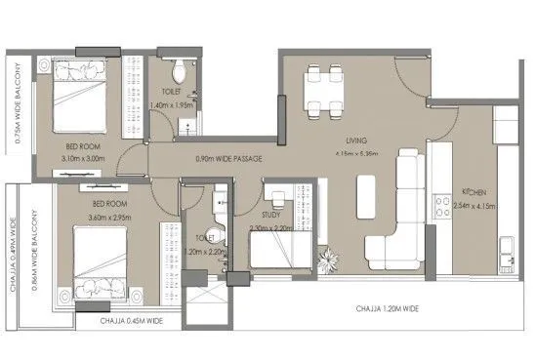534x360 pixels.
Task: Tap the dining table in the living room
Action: tap(322, 92)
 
